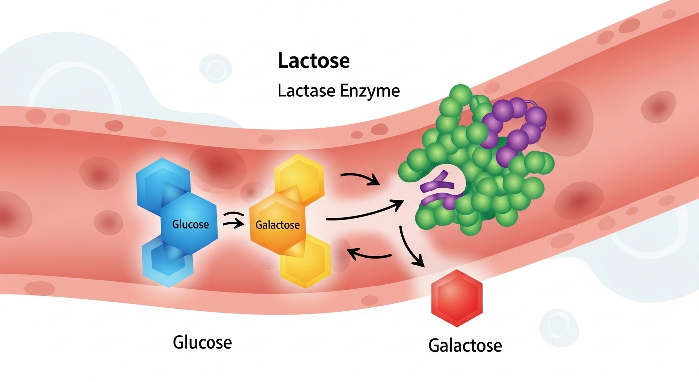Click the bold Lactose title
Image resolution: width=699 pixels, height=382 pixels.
(x=314, y=61)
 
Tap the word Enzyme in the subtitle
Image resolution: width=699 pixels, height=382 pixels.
(x=372, y=92)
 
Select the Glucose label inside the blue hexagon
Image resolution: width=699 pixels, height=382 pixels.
(x=190, y=224)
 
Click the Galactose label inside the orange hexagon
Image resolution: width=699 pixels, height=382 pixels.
(x=278, y=225)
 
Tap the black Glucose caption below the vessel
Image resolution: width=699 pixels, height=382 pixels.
(x=202, y=342)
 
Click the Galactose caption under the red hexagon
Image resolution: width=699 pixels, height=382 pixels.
(x=465, y=345)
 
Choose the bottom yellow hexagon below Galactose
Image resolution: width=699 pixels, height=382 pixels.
(x=304, y=261)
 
